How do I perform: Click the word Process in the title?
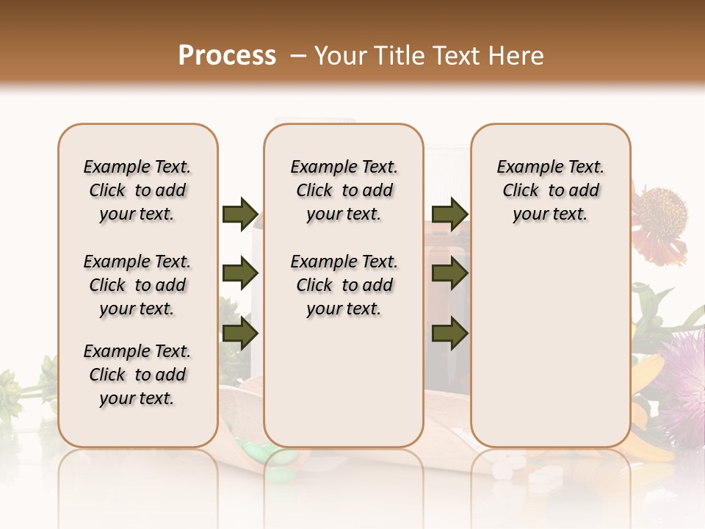227,56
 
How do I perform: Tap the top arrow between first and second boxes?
240,215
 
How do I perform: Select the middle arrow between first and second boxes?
240,274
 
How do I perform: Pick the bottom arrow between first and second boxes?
240,334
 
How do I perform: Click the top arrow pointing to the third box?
450,215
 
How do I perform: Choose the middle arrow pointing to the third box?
450,274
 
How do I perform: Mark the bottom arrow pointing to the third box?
450,334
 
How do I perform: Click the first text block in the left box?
137,190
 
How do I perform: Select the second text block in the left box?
137,285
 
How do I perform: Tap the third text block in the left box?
137,375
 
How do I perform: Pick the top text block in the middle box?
344,190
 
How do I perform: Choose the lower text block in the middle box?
344,285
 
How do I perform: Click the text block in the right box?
551,190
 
